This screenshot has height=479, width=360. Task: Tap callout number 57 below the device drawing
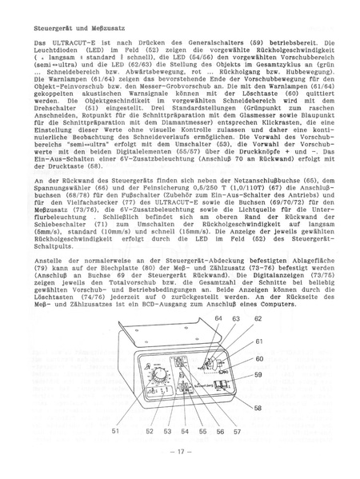(x=237, y=430)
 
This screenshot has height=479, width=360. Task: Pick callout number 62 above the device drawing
(x=258, y=318)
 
